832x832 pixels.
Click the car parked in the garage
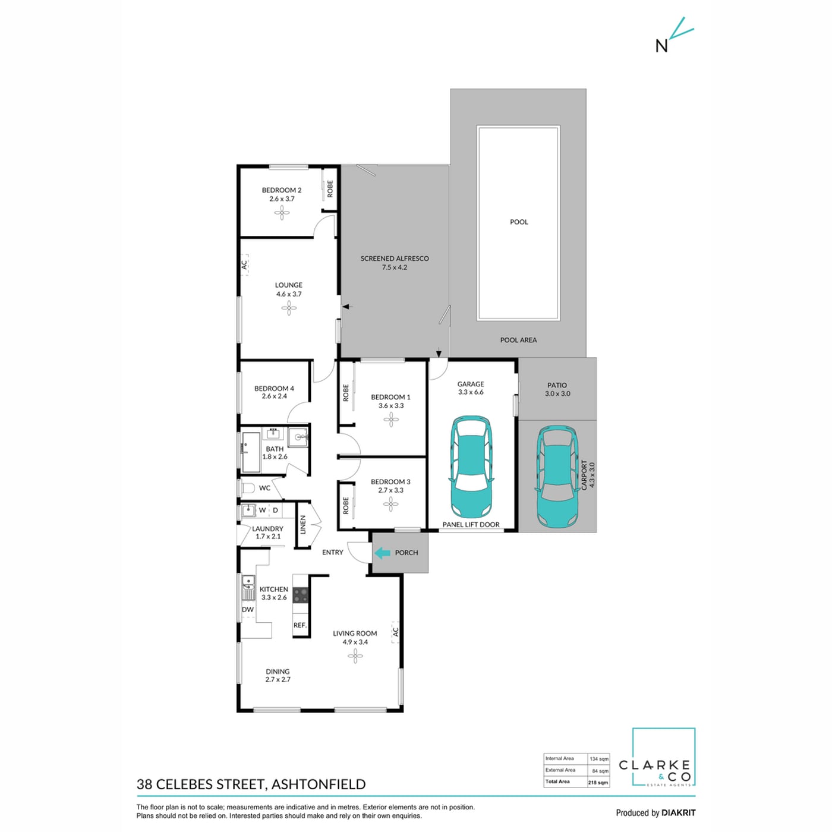point(471,469)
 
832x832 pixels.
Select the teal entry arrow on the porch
point(382,552)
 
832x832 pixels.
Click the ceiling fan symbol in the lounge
point(289,308)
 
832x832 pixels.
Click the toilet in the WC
point(247,489)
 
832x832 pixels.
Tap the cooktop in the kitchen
point(301,595)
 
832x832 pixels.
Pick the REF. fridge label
point(300,625)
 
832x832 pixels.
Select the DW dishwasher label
point(247,610)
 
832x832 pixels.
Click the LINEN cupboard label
point(302,525)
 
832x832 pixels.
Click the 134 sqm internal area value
point(599,771)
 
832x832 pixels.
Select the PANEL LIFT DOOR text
point(471,524)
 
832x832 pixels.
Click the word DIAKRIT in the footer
point(678,812)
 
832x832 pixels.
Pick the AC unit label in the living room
point(395,632)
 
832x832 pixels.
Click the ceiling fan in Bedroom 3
point(390,504)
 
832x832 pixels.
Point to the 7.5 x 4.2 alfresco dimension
point(394,267)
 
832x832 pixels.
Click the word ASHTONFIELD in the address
point(319,784)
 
